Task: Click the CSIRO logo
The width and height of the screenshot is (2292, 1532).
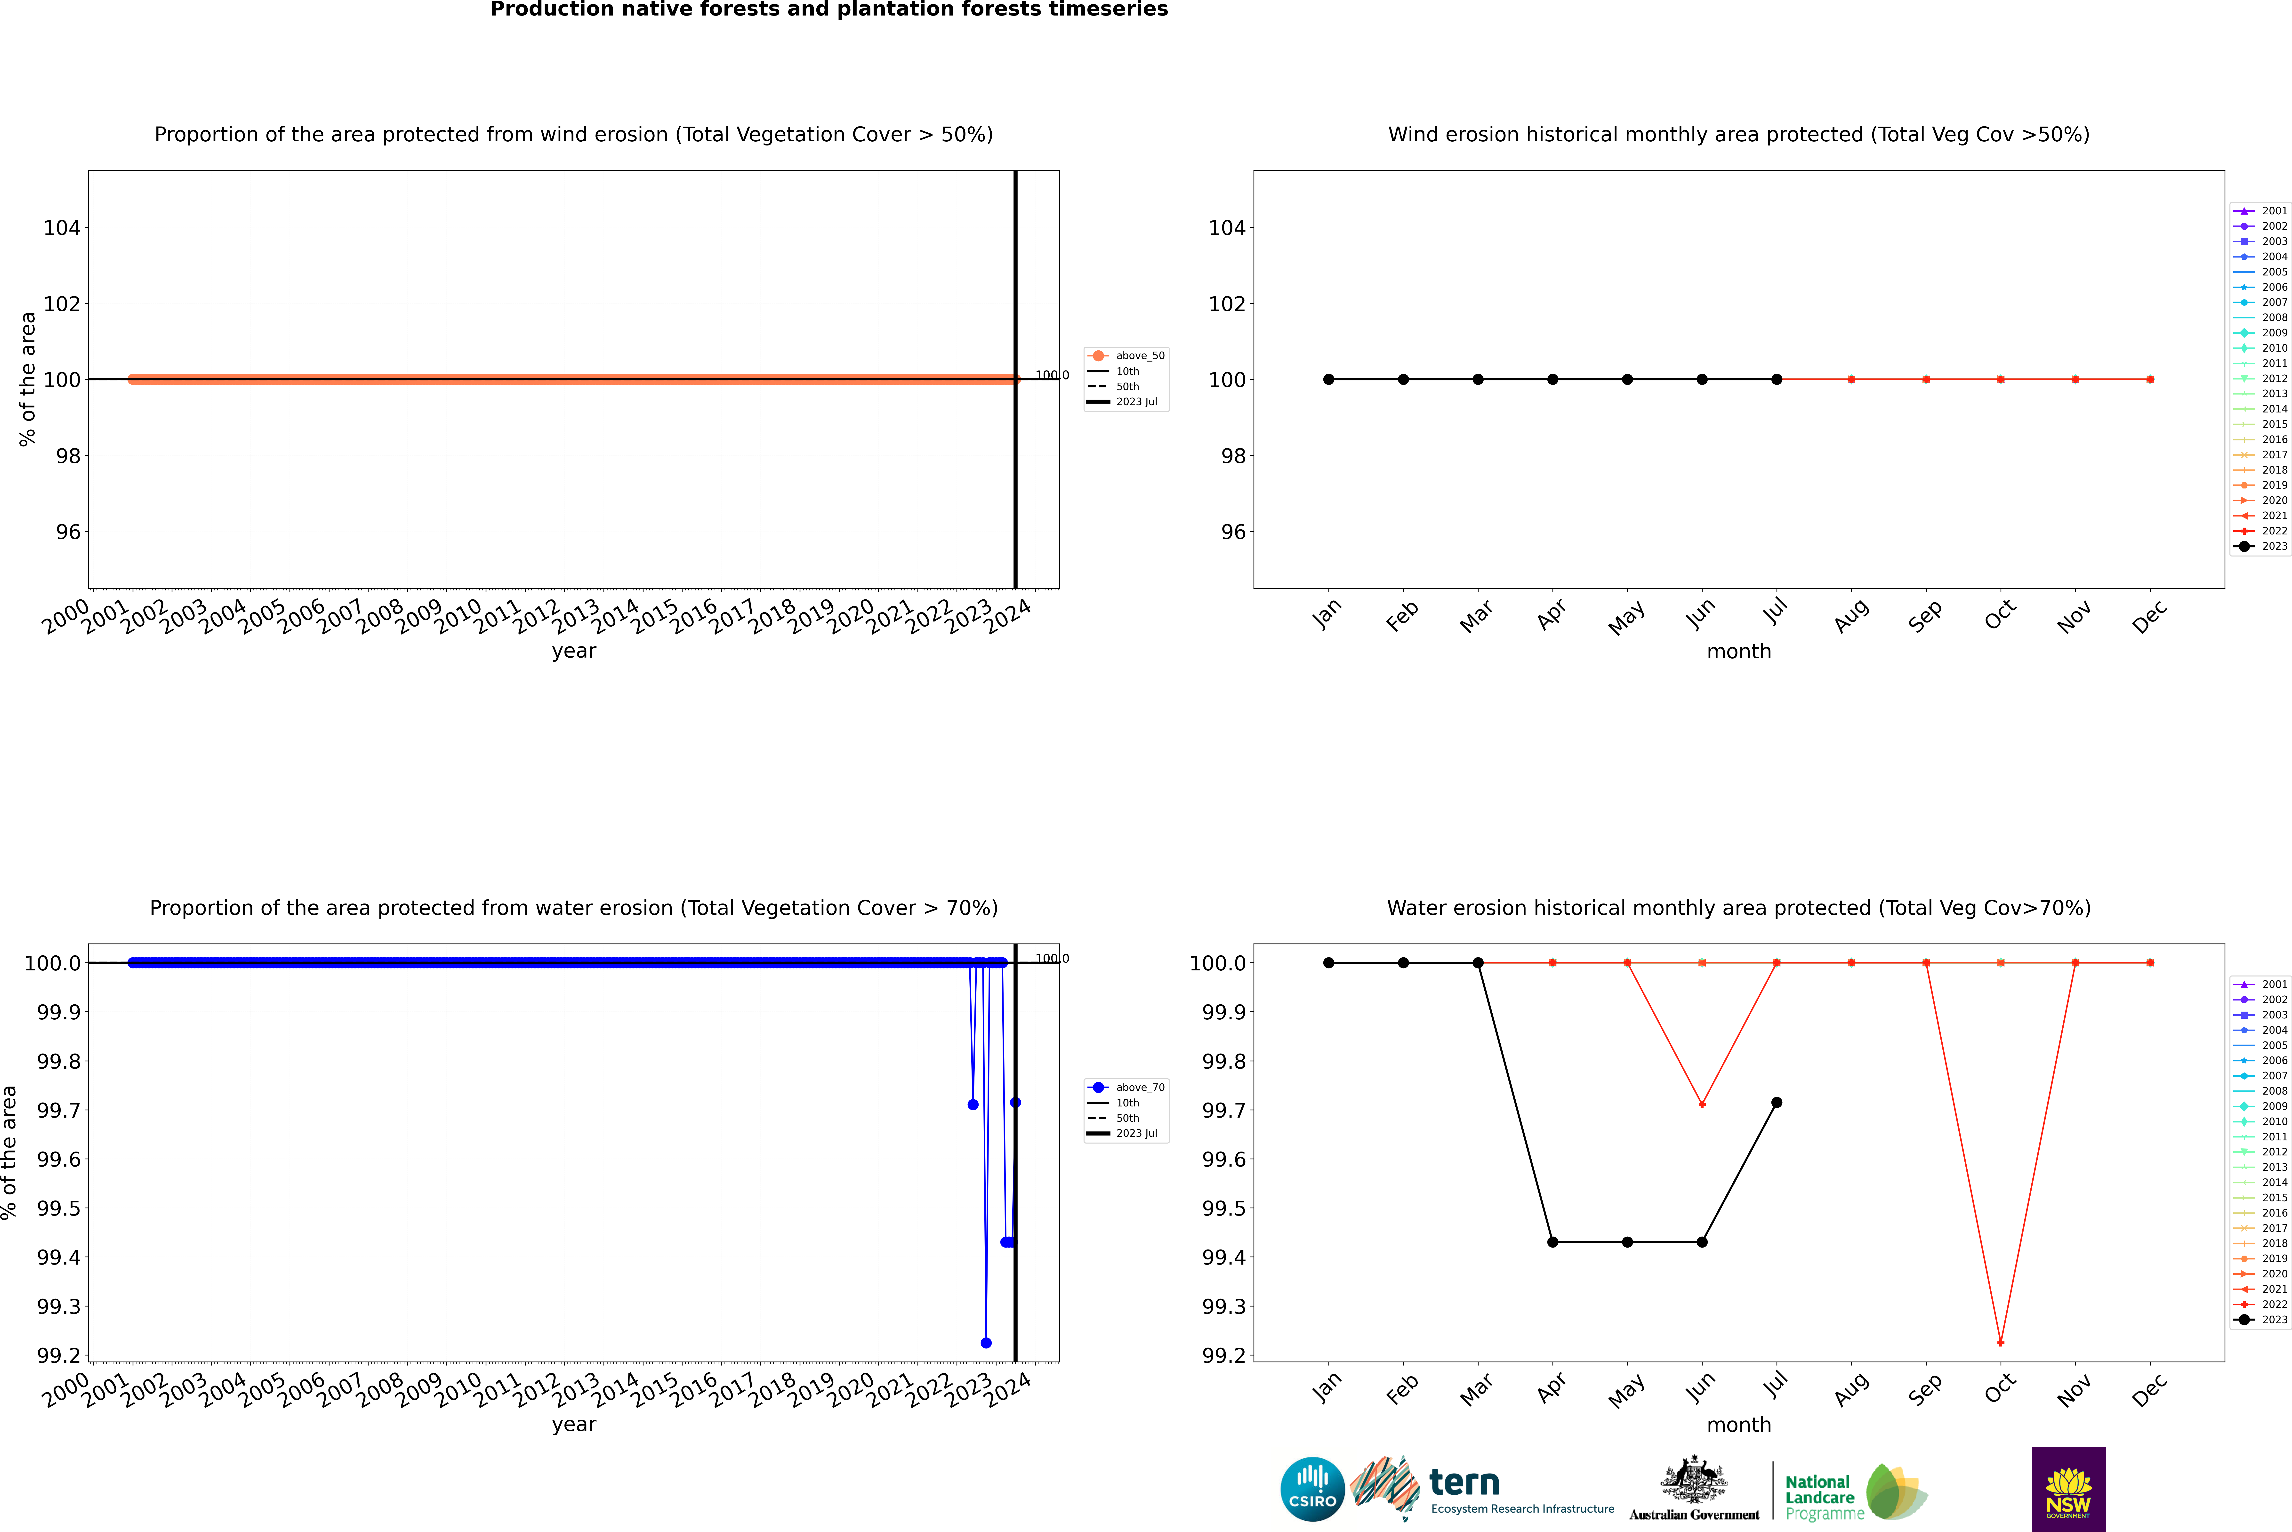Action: [x=1312, y=1489]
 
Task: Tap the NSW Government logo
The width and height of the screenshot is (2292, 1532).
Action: [x=2068, y=1489]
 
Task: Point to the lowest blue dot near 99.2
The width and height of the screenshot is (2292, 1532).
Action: [x=986, y=1342]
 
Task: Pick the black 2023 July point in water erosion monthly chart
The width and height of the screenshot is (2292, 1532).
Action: [x=1776, y=1102]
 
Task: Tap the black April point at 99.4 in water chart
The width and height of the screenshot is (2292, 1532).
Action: [x=1552, y=1242]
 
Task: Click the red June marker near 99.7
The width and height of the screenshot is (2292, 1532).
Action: [x=1702, y=1104]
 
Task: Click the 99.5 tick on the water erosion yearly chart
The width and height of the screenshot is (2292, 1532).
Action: [x=59, y=1209]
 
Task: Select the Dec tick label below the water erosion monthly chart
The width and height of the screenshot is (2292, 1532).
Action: [x=2149, y=1389]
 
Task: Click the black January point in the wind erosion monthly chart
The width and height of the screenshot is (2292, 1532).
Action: [x=1329, y=379]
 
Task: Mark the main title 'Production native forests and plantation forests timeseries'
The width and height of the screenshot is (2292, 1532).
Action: [x=828, y=10]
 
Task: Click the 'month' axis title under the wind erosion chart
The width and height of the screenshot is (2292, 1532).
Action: [x=1738, y=652]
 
